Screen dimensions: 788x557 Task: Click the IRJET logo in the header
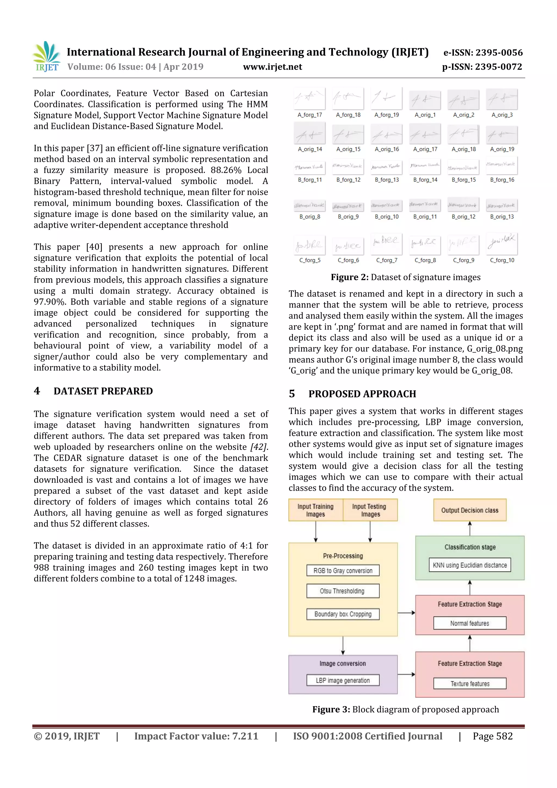(47, 57)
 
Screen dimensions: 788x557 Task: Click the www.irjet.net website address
(273, 67)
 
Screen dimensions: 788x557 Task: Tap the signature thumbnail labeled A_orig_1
(425, 100)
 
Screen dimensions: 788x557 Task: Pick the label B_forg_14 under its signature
(425, 180)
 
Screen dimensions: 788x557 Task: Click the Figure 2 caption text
(406, 277)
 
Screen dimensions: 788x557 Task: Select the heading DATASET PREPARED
(103, 391)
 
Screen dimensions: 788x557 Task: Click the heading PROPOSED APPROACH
(362, 394)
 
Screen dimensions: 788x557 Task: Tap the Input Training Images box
(315, 510)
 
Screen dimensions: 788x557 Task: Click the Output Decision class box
(469, 510)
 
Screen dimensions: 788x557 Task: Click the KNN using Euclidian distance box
(469, 565)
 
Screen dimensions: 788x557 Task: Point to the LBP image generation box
(342, 680)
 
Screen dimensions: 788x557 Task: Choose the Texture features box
(469, 684)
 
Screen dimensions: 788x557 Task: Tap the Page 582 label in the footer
(493, 736)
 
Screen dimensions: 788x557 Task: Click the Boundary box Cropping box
(342, 614)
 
